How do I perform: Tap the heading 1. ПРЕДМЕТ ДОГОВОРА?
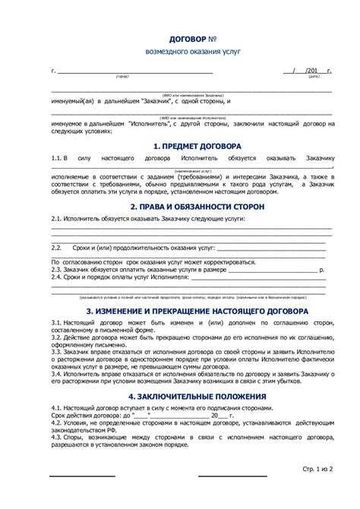click(196, 145)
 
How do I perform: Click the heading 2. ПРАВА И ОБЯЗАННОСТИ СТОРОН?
click(196, 206)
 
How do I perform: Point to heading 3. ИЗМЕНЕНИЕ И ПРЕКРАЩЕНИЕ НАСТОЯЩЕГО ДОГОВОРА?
click(196, 311)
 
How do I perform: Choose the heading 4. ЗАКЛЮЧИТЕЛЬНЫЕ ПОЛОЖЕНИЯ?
click(196, 397)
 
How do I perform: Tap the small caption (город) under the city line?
click(122, 77)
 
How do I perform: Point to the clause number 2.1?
click(57, 217)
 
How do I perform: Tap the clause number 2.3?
click(57, 270)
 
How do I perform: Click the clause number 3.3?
click(57, 353)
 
